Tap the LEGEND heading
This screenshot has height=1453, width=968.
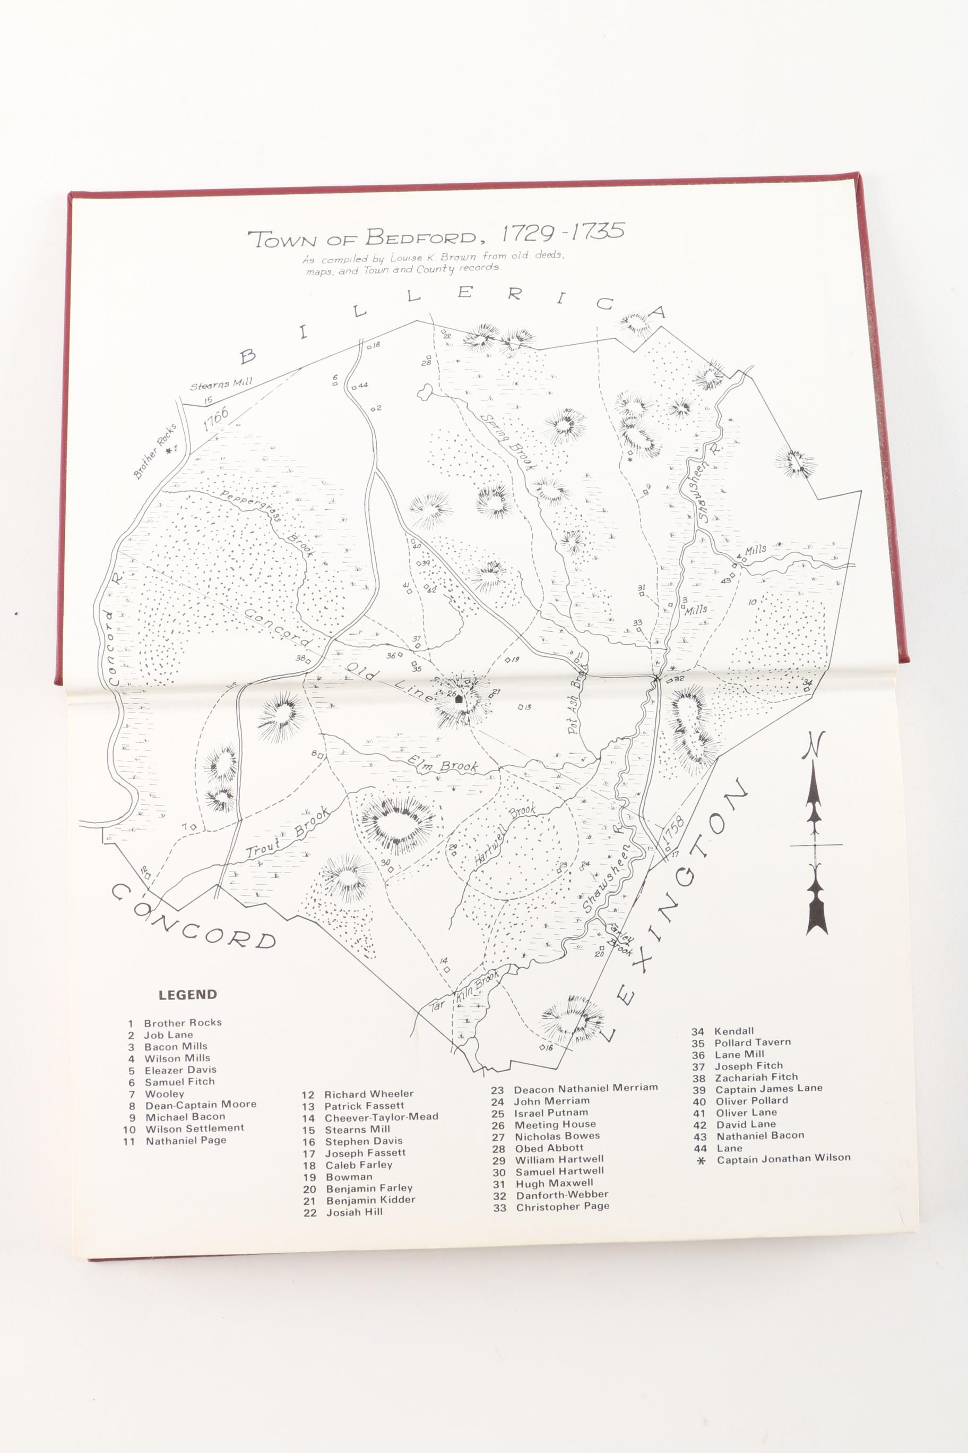(188, 995)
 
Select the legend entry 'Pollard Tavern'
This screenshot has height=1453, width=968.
(752, 1042)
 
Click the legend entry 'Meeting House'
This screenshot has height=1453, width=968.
(555, 1124)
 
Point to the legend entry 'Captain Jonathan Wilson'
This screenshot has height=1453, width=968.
(783, 1158)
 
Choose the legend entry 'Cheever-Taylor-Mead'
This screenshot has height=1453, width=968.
(381, 1117)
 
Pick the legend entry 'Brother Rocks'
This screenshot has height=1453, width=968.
(182, 1022)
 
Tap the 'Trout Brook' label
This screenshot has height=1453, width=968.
(288, 833)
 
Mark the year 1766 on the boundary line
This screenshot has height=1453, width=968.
(215, 419)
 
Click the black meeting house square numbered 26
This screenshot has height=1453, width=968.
(459, 700)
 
